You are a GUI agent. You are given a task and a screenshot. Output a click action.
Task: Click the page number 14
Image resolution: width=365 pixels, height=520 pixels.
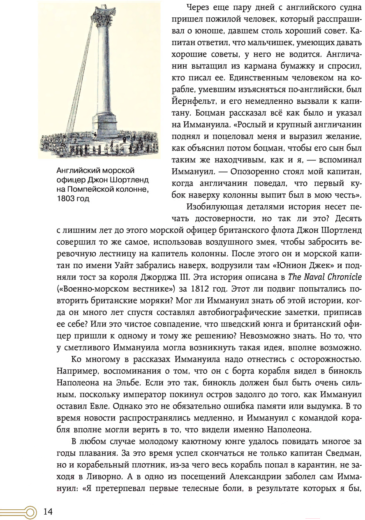[48, 511]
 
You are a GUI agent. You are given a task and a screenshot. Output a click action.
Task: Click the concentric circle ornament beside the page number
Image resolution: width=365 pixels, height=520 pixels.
[30, 512]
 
